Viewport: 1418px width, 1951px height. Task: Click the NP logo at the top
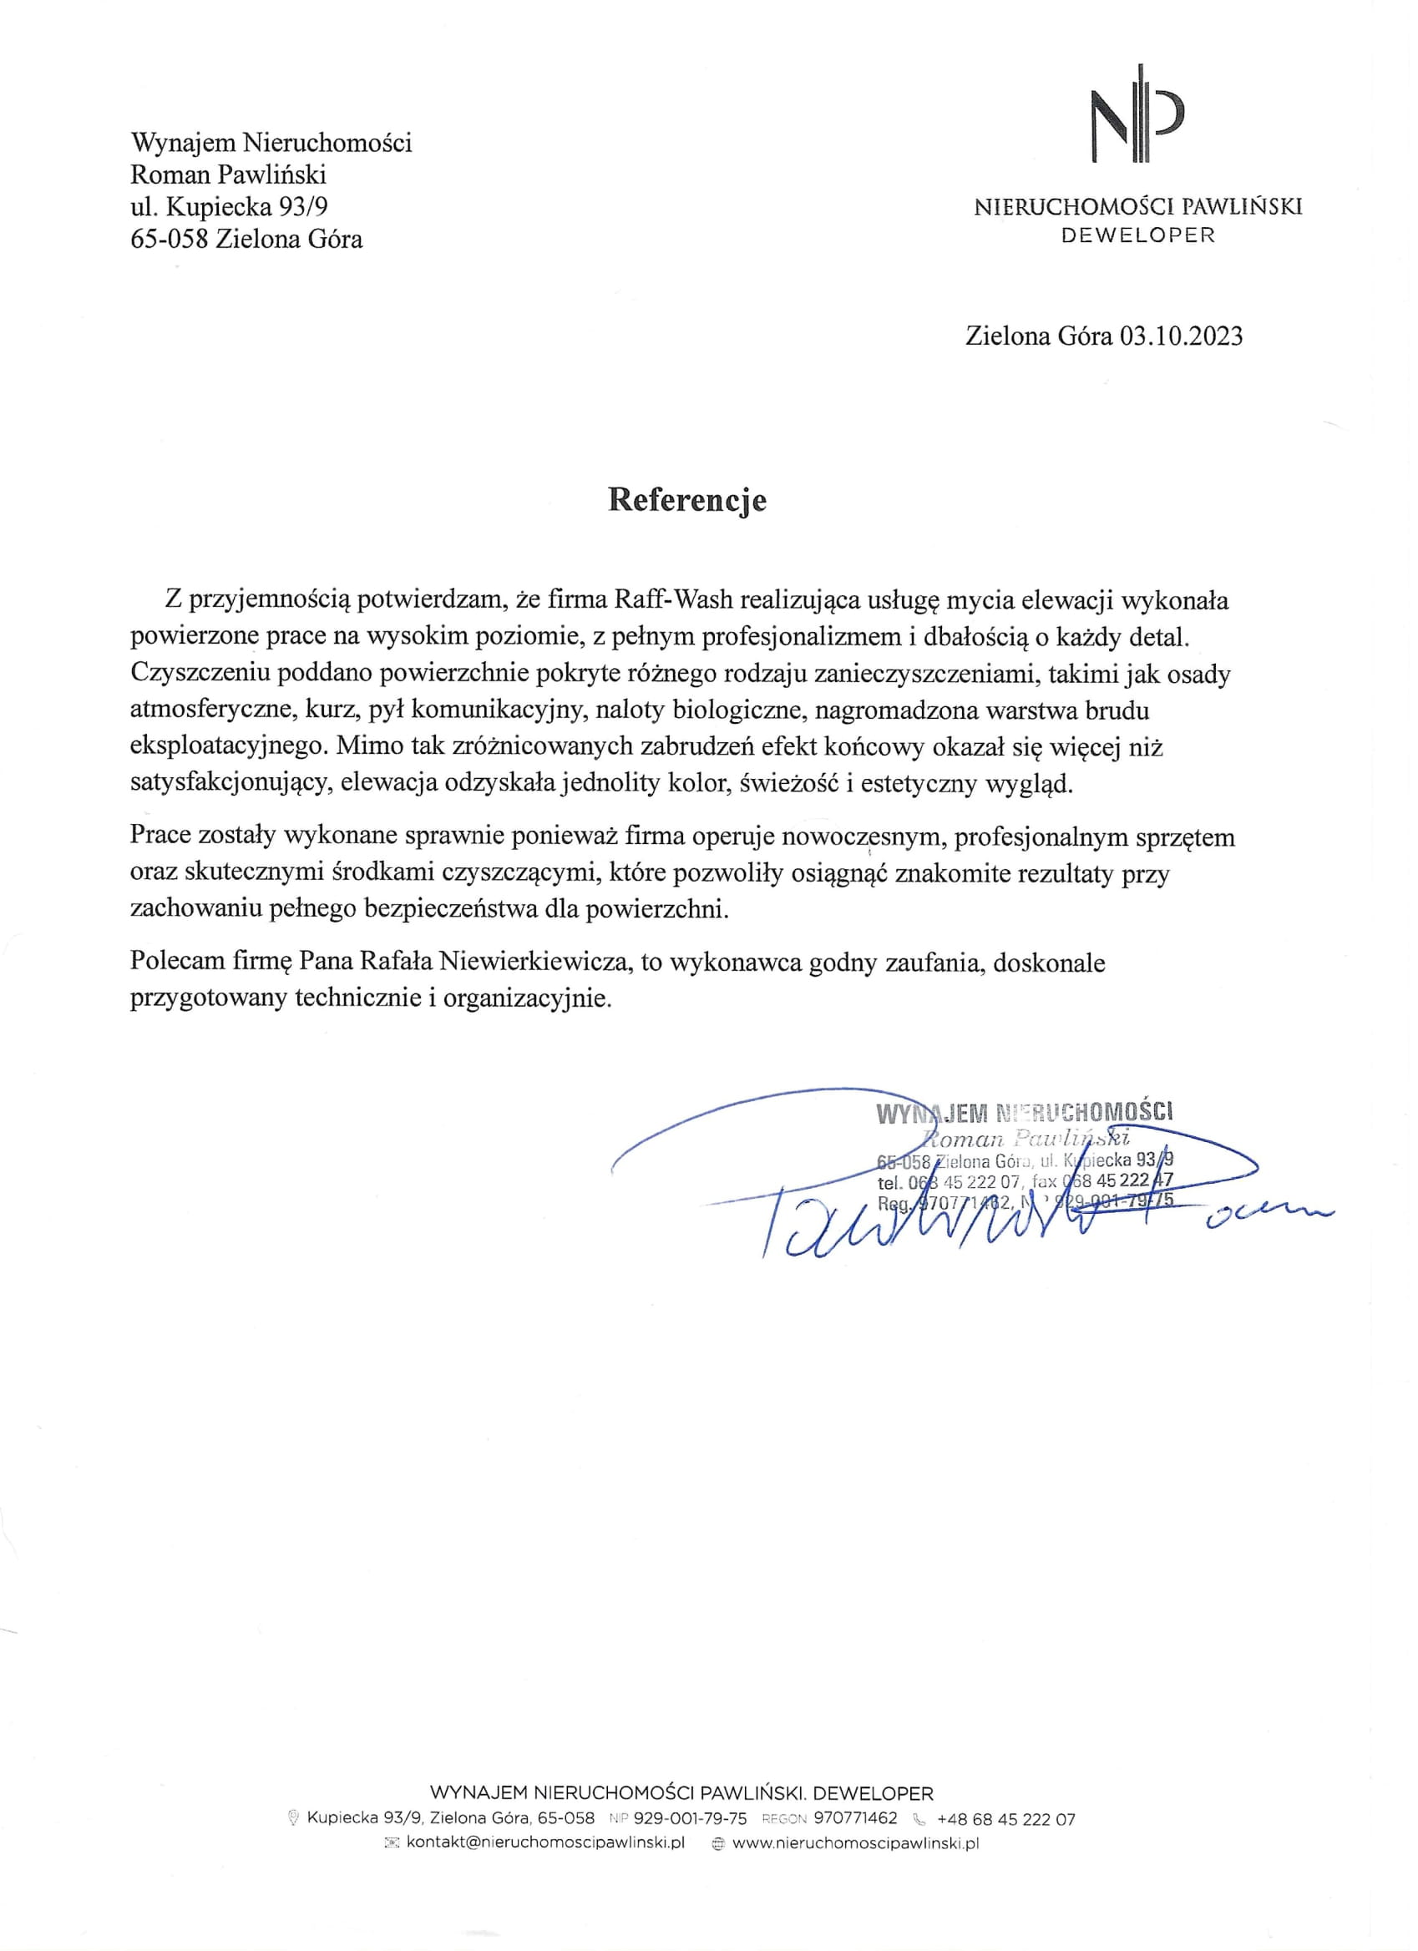1137,114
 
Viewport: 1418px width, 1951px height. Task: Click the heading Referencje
686,501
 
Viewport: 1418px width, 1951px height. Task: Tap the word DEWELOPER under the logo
1137,235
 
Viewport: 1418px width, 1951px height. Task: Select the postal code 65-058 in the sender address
170,238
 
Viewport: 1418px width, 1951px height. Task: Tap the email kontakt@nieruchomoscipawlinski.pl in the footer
544,1843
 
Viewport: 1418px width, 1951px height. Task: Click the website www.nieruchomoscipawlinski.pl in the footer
855,1843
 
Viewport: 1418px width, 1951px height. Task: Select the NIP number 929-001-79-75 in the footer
689,1819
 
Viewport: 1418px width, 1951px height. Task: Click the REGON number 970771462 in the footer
854,1819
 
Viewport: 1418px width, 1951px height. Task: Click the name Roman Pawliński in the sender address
228,174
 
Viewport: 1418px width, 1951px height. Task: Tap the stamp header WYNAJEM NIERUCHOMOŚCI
1024,1113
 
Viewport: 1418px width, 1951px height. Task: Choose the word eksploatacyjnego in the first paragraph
227,746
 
